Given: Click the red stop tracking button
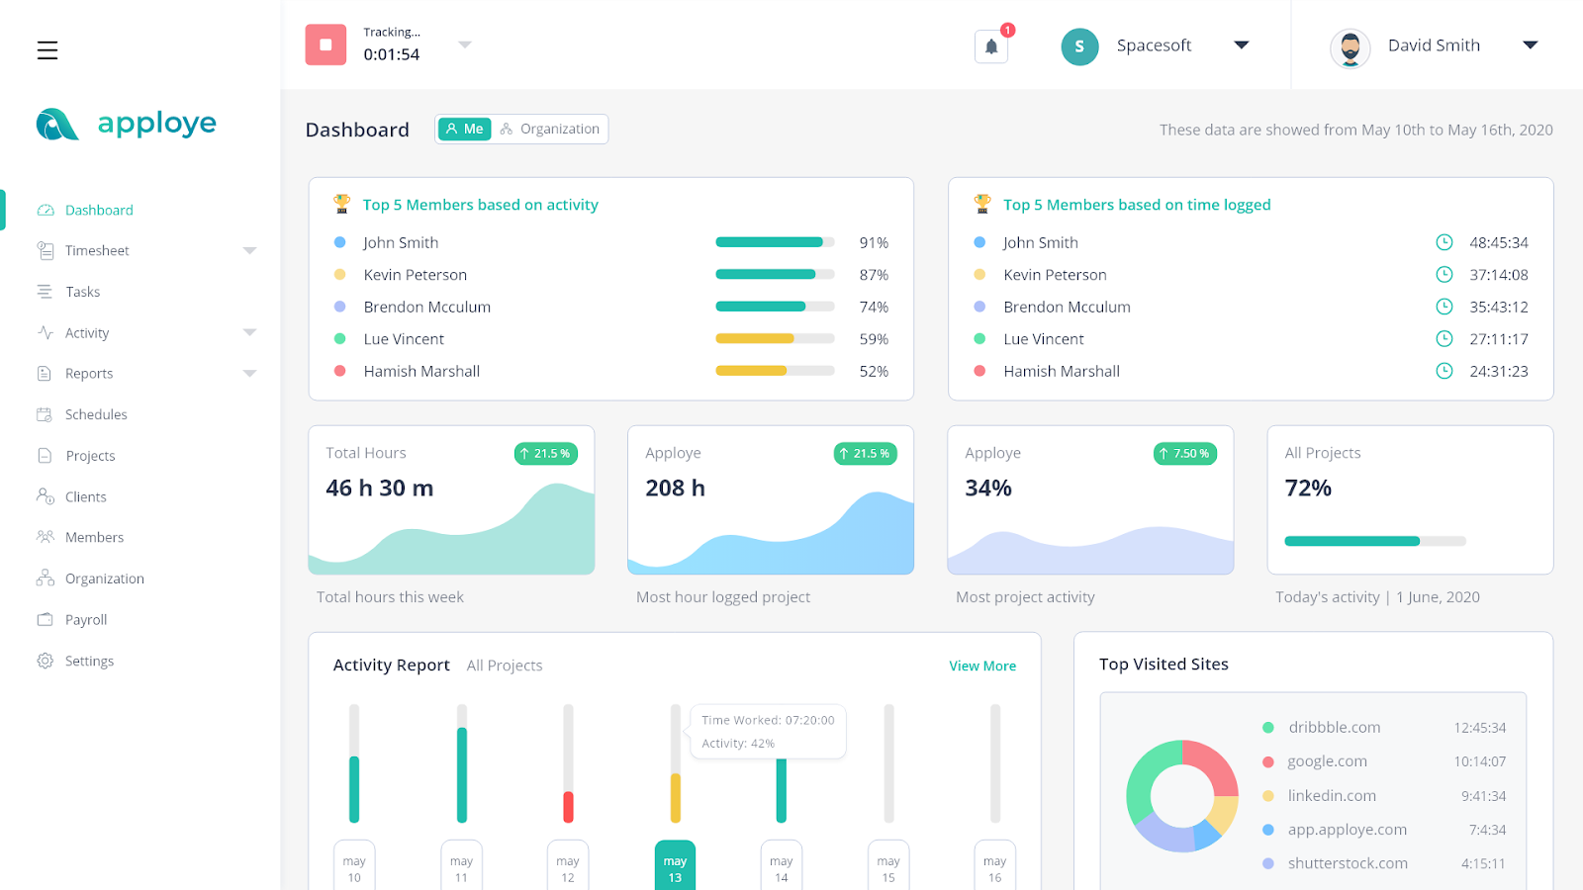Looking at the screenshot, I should tap(326, 44).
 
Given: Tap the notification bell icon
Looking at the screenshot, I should tap(991, 46).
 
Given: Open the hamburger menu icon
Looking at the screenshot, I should tap(47, 50).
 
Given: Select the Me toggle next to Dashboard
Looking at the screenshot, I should tap(464, 130).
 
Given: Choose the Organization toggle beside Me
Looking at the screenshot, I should tap(550, 130).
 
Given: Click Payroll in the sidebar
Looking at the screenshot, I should tap(85, 620).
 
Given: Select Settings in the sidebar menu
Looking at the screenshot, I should tap(89, 662).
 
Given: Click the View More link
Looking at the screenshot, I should tap(982, 667).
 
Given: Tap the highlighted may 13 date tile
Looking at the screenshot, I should tap(675, 867).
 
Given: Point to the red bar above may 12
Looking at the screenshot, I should tap(568, 807).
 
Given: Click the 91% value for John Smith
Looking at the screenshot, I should tap(874, 243).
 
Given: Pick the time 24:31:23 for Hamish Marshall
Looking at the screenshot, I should tap(1498, 372).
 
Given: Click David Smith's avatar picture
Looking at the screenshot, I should tap(1350, 47).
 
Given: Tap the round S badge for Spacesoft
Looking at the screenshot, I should tap(1079, 46).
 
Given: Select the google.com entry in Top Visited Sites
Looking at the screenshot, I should tap(1327, 761).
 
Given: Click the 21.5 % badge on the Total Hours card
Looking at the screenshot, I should tap(545, 454).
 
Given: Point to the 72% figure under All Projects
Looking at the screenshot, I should tap(1308, 489).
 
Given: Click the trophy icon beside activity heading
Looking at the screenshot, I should tap(342, 204).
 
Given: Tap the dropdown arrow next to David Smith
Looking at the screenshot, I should tap(1530, 45).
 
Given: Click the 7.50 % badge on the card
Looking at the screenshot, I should tap(1184, 454).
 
